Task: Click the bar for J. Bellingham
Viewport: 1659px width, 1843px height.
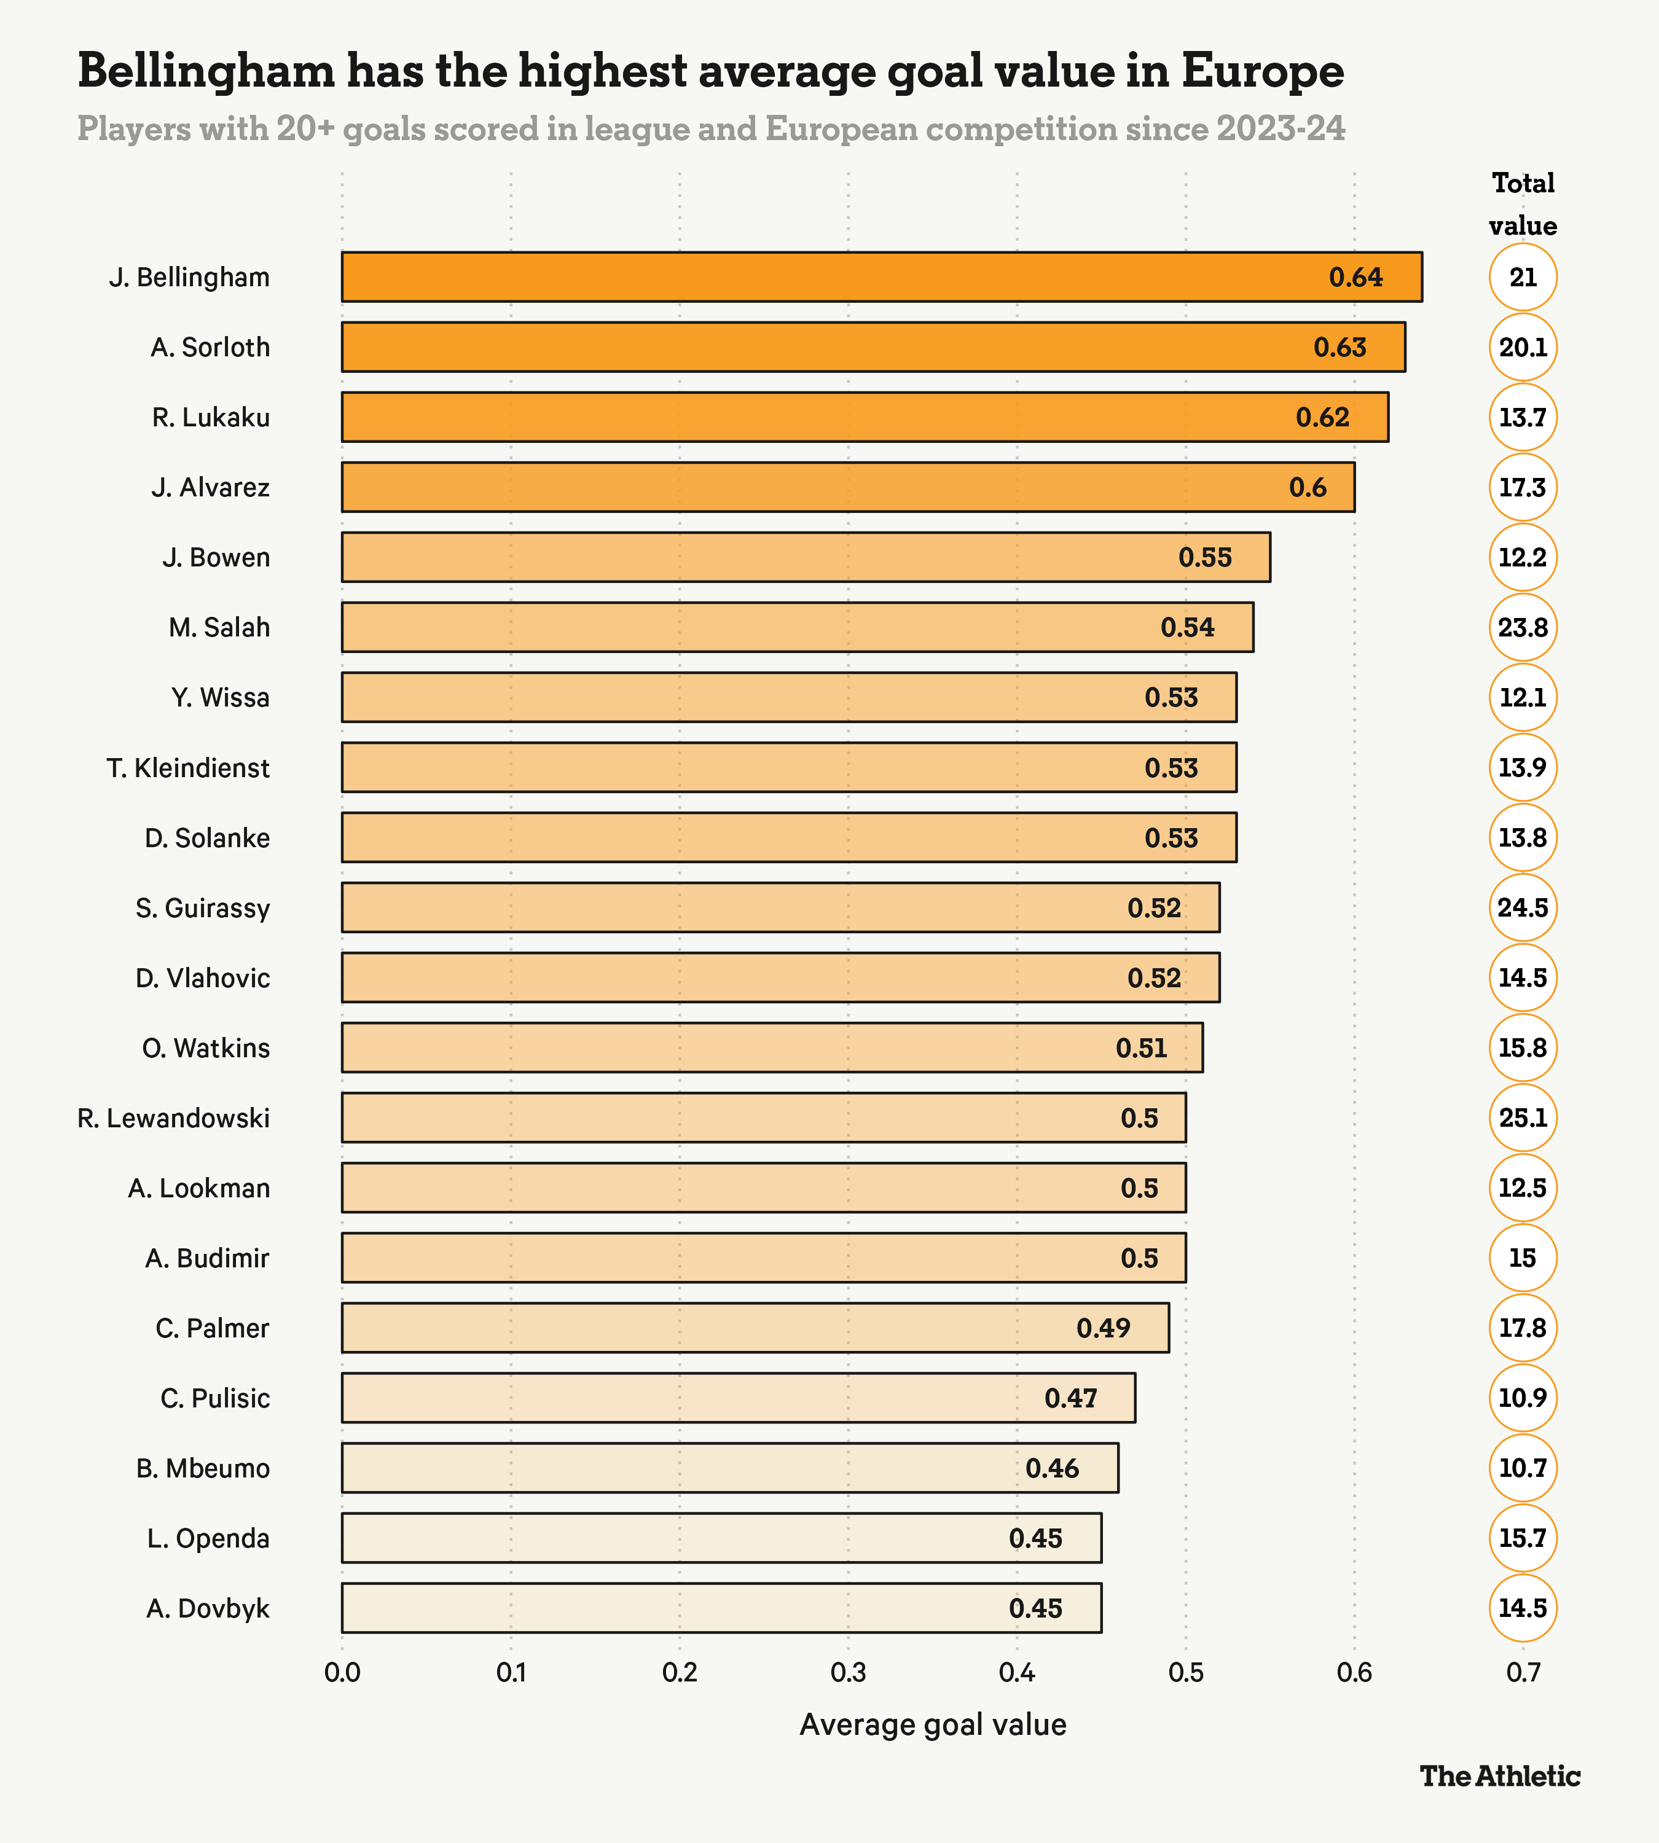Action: click(x=882, y=277)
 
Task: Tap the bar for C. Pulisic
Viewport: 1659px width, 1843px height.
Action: click(x=739, y=1397)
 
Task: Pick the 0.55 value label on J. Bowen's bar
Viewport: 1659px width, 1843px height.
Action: click(x=1205, y=558)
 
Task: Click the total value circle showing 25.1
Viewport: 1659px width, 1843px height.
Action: click(x=1522, y=1117)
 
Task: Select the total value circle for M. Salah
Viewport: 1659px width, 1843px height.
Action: click(x=1522, y=628)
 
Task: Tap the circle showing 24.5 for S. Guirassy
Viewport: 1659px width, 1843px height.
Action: click(x=1522, y=908)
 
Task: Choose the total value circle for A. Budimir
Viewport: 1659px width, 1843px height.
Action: click(x=1522, y=1258)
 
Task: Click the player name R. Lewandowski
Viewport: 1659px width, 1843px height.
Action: click(x=173, y=1118)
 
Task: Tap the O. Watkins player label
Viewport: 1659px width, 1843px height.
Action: click(x=206, y=1048)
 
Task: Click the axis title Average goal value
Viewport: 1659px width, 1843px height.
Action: click(x=933, y=1724)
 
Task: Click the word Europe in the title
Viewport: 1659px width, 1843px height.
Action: click(x=1263, y=72)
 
